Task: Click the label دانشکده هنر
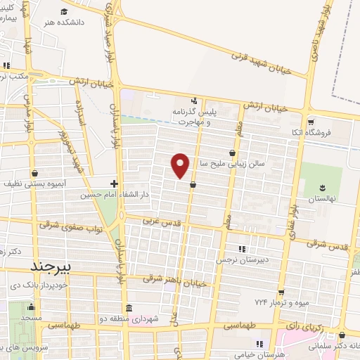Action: (84, 22)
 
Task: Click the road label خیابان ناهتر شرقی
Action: (175, 279)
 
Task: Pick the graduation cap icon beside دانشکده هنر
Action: (64, 11)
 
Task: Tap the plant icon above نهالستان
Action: (321, 186)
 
